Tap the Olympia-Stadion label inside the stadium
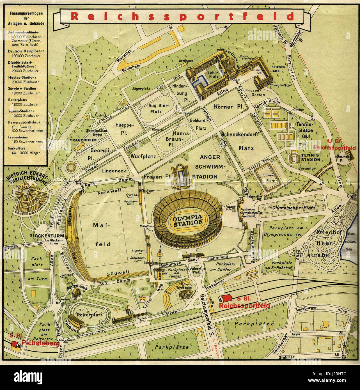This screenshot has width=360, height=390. click(187, 220)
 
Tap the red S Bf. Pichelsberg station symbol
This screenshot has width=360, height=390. click(15, 345)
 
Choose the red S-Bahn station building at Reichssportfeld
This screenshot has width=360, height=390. click(226, 299)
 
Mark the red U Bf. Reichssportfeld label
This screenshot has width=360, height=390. click(334, 145)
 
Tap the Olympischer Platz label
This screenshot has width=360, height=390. click(293, 208)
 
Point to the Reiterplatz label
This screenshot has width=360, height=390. click(90, 315)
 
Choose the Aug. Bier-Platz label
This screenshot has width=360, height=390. click(156, 108)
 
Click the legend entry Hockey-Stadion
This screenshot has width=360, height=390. click(22, 77)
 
